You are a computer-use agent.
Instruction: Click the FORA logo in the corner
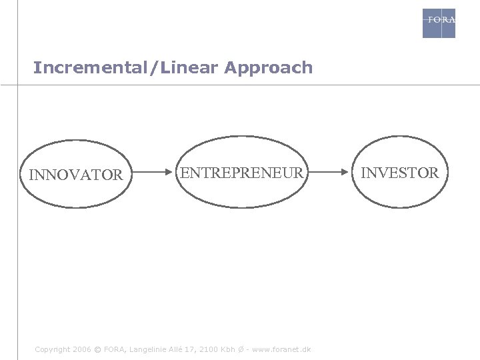click(439, 23)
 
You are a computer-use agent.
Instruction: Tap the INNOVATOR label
click(76, 175)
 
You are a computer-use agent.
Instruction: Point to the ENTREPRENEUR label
click(242, 173)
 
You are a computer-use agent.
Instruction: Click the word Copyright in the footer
click(52, 349)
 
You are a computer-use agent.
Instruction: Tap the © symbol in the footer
click(97, 349)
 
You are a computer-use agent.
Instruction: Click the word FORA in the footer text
click(114, 349)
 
